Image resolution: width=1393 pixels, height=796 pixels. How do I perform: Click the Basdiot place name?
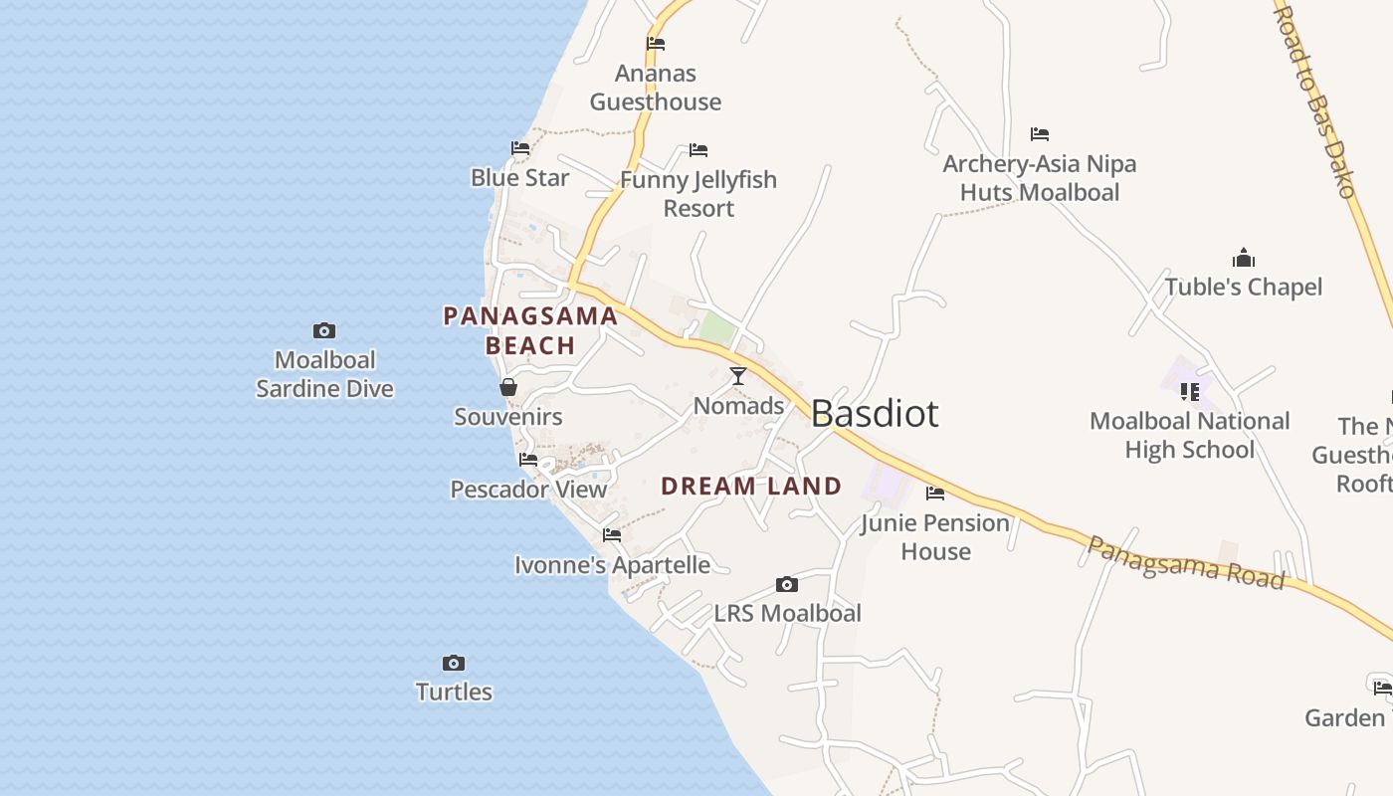click(x=875, y=413)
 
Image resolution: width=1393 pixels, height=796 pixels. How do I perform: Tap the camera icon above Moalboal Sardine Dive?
click(x=324, y=331)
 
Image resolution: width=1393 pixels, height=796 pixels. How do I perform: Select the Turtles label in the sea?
click(x=454, y=692)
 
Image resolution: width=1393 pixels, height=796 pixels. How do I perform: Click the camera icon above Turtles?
click(x=454, y=664)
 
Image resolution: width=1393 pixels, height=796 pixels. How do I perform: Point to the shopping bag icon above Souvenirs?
click(x=508, y=387)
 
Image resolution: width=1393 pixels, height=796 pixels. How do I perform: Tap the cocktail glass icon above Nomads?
click(x=738, y=376)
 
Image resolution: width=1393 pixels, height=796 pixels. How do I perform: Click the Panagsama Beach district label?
click(x=530, y=331)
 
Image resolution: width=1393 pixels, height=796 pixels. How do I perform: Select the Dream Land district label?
click(x=751, y=487)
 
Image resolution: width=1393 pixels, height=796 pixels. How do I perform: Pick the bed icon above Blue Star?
click(x=520, y=148)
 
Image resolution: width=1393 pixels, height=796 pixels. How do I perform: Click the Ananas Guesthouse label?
click(x=656, y=88)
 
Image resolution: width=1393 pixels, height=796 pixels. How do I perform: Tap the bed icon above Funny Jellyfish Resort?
click(x=698, y=151)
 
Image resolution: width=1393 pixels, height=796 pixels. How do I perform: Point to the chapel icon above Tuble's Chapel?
click(x=1244, y=259)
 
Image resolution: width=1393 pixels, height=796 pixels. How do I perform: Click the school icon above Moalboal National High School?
click(x=1190, y=392)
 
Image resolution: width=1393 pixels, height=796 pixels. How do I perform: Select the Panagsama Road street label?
click(x=1184, y=562)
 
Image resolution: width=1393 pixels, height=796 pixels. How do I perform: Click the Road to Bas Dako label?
click(x=1314, y=99)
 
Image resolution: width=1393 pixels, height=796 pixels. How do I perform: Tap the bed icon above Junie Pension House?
click(x=935, y=494)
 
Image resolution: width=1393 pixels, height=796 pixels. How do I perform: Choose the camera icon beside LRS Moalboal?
click(x=787, y=585)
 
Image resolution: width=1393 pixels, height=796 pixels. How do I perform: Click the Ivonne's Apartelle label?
click(x=612, y=566)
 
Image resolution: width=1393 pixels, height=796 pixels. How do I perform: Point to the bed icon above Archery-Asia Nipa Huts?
click(x=1040, y=134)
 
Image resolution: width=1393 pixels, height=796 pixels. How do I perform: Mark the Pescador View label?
click(x=528, y=490)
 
